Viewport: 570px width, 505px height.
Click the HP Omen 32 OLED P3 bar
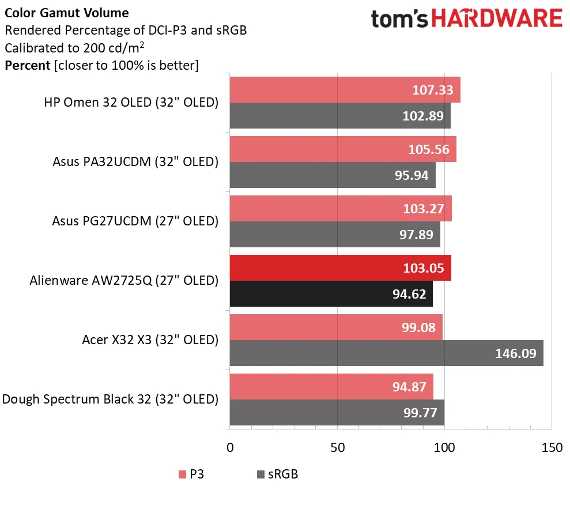(345, 90)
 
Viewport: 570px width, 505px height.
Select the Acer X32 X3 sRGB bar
(386, 353)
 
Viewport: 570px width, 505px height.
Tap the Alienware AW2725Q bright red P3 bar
(340, 269)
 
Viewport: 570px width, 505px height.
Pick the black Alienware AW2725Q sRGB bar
(331, 294)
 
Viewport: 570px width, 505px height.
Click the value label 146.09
(516, 353)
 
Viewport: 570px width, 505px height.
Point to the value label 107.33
(433, 90)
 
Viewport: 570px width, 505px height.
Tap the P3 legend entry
(190, 474)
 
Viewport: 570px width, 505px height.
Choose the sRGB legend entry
(277, 474)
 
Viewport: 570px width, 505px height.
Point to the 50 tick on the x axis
(337, 447)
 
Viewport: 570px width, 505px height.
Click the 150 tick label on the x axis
(552, 447)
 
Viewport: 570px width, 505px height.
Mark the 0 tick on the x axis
(230, 447)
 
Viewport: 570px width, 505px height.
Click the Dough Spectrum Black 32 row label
(111, 399)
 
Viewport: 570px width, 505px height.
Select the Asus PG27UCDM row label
(135, 221)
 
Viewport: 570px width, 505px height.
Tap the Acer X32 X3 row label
(150, 340)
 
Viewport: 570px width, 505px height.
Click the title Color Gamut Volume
(67, 13)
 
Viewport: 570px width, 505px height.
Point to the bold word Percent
(27, 65)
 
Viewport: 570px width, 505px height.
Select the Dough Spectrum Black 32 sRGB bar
(337, 412)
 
